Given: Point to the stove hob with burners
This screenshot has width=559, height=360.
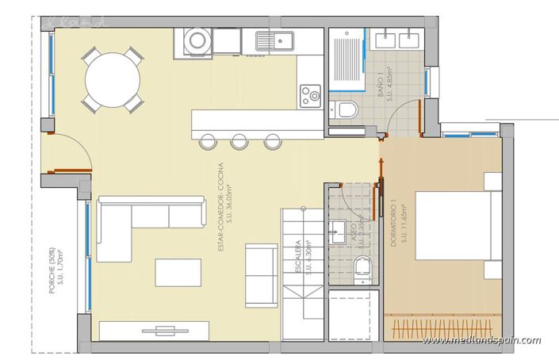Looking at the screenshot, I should (x=310, y=98).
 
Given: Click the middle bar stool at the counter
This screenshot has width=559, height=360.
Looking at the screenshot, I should (x=239, y=141).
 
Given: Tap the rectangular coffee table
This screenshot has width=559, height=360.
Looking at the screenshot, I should (x=178, y=272).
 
